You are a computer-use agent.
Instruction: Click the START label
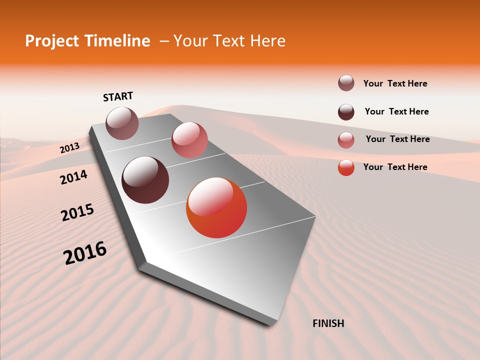118,96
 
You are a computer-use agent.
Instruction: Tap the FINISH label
328,323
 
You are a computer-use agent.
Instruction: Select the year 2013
69,147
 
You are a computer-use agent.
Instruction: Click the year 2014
73,177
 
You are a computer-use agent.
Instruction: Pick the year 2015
77,213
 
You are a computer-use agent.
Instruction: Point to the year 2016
85,253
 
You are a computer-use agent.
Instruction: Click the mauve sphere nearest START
122,123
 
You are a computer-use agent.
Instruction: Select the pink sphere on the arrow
189,140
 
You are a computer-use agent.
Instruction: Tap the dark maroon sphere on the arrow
145,180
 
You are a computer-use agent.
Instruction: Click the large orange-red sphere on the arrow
216,207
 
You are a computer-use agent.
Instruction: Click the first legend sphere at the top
346,83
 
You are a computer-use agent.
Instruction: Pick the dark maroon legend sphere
346,112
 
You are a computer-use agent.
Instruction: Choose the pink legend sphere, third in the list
346,140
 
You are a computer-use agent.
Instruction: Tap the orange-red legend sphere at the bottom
346,167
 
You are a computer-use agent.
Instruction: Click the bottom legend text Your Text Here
395,167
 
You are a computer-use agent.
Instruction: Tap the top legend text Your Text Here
395,83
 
